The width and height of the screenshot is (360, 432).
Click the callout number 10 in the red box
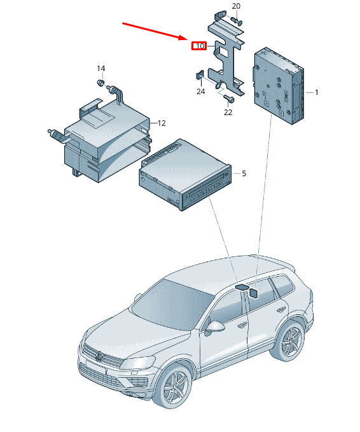pos(200,46)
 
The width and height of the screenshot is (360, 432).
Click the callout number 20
pos(236,6)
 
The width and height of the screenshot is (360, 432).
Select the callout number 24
pos(200,92)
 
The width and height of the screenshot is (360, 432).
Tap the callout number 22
pos(228,113)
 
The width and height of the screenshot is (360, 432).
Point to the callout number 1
pos(316,92)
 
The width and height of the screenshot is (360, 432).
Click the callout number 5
pos(243,173)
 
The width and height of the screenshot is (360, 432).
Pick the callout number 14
pos(100,68)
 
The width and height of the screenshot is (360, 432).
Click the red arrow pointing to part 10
pos(156,31)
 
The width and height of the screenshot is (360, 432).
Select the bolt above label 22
pos(229,99)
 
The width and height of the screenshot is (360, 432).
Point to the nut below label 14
pos(100,83)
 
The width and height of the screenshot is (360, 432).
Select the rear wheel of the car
pos(292,343)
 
